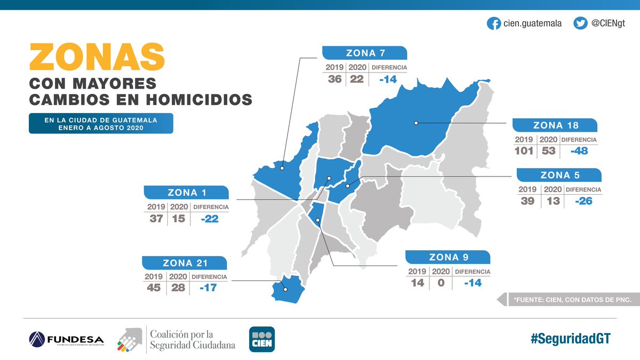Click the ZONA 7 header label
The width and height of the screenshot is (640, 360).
pyautogui.click(x=365, y=53)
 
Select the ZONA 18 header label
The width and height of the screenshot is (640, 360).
pyautogui.click(x=556, y=126)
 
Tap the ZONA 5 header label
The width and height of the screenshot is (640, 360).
pyautogui.click(x=559, y=175)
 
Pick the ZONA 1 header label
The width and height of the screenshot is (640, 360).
pyautogui.click(x=187, y=193)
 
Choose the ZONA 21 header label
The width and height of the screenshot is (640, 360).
pyautogui.click(x=185, y=262)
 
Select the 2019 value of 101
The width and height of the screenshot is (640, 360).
pyautogui.click(x=524, y=151)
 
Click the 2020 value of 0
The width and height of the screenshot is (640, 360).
pyautogui.click(x=441, y=283)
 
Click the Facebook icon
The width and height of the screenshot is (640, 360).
pyautogui.click(x=494, y=23)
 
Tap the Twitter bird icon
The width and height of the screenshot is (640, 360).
pyautogui.click(x=580, y=23)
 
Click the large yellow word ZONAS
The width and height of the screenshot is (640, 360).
pyautogui.click(x=97, y=56)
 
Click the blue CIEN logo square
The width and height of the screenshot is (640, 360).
pyautogui.click(x=262, y=339)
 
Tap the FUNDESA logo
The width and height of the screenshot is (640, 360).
pyautogui.click(x=66, y=339)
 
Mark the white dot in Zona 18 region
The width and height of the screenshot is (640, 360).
pyautogui.click(x=416, y=123)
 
